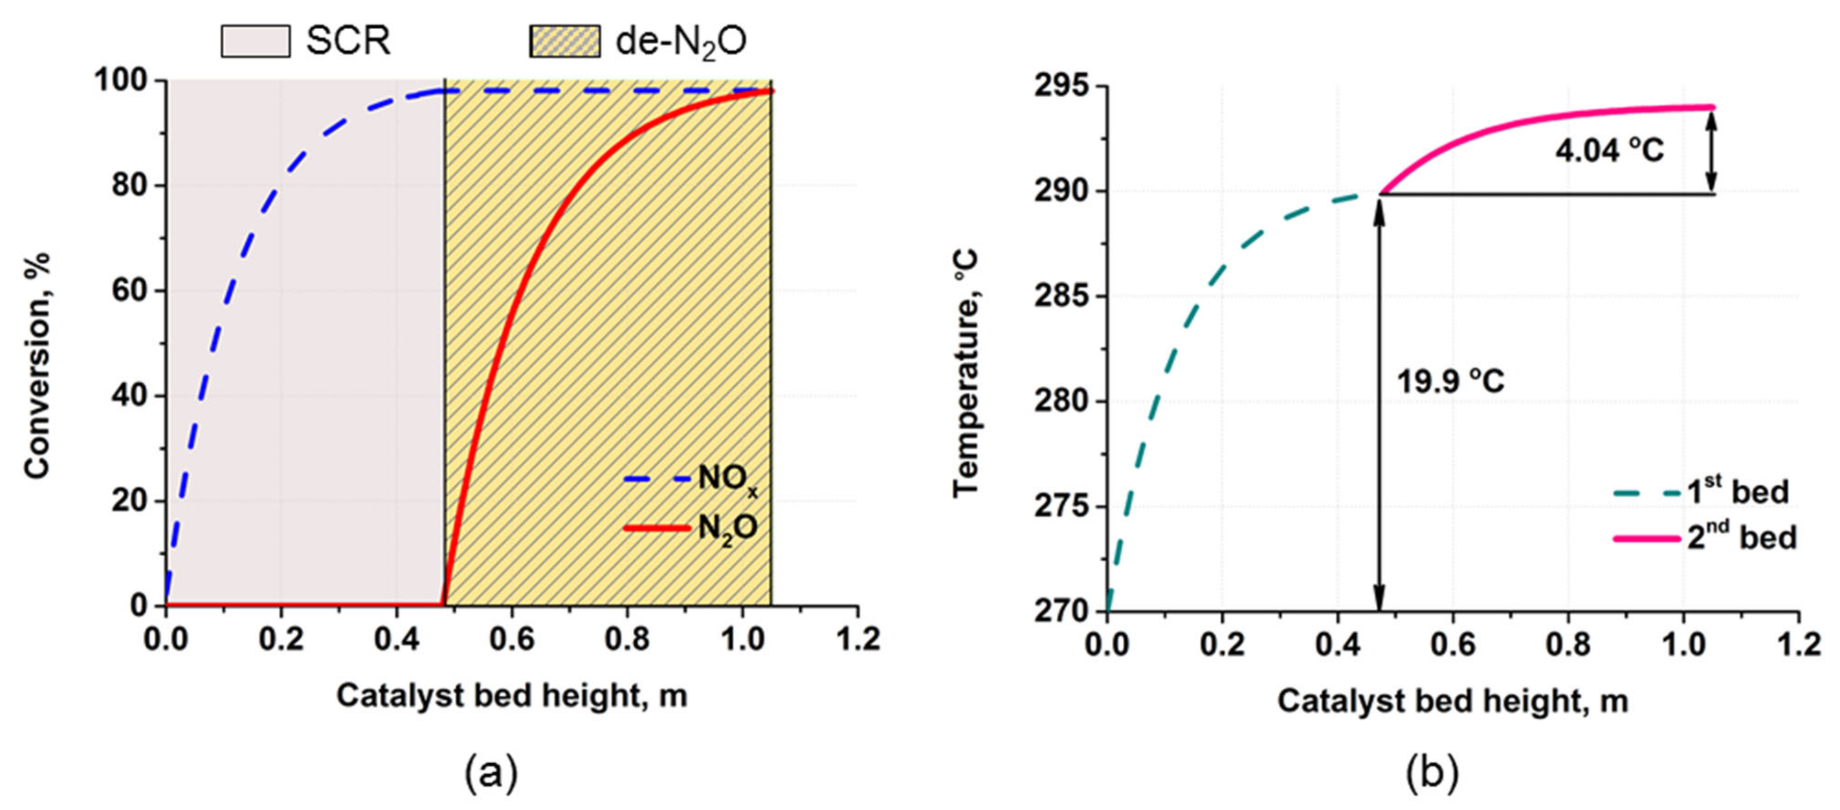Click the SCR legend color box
click(255, 40)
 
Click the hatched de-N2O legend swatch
click(564, 40)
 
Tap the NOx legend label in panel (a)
click(727, 478)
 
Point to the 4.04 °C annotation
click(1609, 151)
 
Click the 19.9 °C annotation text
click(1450, 381)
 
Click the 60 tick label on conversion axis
click(129, 291)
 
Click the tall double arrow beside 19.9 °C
click(1379, 404)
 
